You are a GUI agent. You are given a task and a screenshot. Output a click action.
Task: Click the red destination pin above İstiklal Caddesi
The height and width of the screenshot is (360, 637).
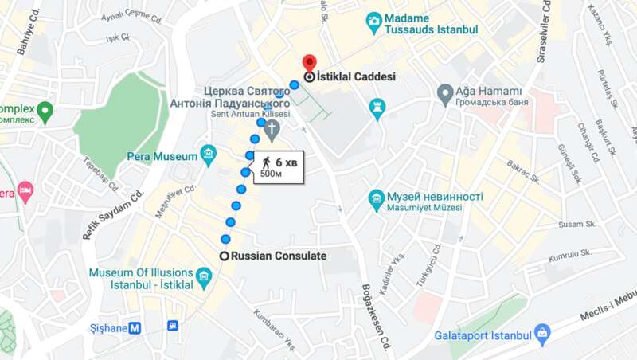[308, 62]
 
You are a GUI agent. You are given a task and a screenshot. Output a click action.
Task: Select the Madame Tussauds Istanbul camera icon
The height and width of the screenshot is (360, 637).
[373, 21]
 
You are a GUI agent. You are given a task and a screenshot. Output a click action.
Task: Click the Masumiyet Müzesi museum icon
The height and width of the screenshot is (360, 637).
[377, 201]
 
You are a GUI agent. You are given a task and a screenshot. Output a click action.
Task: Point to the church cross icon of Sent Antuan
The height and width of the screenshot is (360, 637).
[272, 130]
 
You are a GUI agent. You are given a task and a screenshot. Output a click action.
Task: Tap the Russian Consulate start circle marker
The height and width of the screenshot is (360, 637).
[225, 256]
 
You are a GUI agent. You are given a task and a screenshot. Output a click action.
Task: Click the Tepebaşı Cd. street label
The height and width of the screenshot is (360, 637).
[102, 174]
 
